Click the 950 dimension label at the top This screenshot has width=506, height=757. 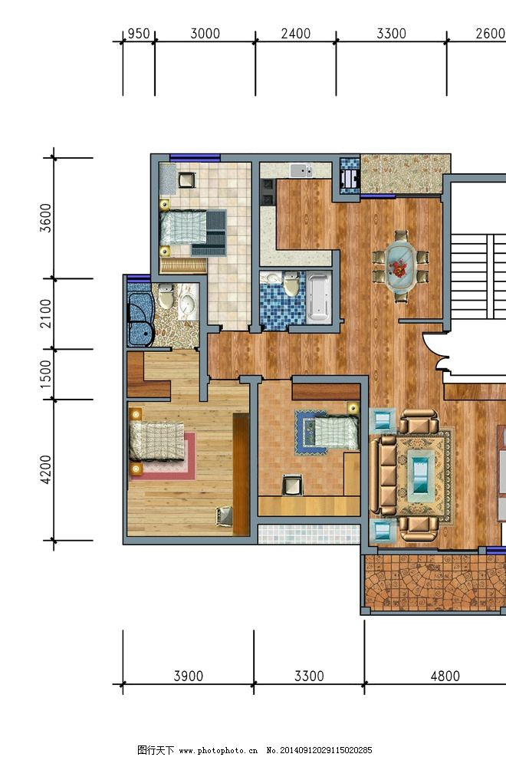(139, 34)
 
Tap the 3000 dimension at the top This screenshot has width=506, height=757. (205, 34)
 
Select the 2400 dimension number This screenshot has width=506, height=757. (296, 34)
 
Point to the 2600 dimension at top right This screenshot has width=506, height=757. (490, 34)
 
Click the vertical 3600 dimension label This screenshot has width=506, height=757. (46, 218)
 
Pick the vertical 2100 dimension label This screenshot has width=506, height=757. (46, 314)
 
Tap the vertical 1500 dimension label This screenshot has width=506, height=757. (46, 374)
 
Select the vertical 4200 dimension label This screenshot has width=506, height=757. (46, 469)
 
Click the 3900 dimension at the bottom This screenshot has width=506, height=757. (188, 676)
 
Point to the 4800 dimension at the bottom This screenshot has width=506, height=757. (445, 676)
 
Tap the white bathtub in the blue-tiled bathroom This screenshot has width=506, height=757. (319, 298)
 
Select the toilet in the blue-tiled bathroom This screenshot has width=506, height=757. (291, 284)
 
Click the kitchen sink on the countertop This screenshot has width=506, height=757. (301, 170)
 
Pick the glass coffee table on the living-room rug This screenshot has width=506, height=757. (421, 476)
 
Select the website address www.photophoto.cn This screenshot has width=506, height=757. (218, 750)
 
